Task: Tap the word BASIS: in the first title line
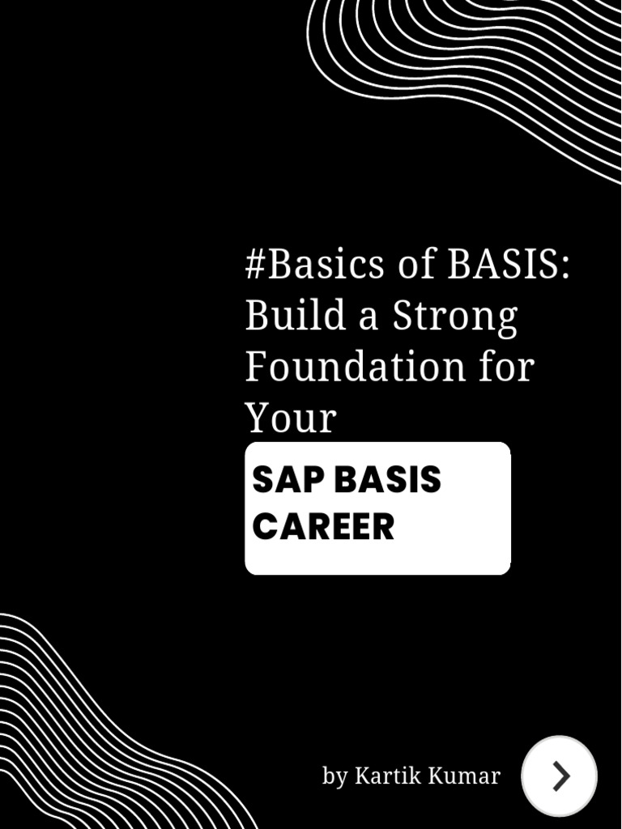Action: pos(509,264)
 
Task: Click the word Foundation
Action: pos(356,367)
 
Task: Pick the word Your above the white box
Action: pos(290,419)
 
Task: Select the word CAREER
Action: pos(323,527)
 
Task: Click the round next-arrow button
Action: pos(559,776)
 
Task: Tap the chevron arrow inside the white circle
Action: pos(560,776)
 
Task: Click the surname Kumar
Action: pos(464,776)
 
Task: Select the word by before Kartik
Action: pos(334,776)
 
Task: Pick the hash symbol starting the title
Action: pos(255,265)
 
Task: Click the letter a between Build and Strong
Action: pos(369,317)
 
